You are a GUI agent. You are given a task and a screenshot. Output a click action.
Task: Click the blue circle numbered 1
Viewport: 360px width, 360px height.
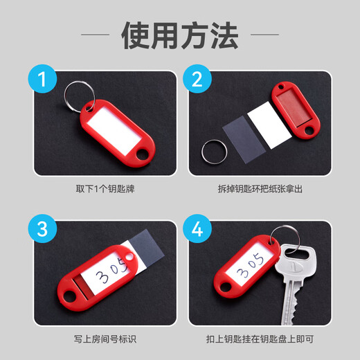coord(42,79)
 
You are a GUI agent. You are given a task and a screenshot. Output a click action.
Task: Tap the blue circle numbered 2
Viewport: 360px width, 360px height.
coord(197,79)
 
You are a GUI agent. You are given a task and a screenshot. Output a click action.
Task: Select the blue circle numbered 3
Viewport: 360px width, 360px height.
coord(42,228)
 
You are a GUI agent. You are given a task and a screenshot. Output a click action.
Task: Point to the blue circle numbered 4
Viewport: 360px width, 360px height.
coord(197,228)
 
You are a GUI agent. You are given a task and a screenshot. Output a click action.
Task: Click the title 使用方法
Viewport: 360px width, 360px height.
coord(180,35)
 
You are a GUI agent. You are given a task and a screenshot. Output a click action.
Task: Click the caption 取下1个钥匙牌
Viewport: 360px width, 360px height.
coord(105,189)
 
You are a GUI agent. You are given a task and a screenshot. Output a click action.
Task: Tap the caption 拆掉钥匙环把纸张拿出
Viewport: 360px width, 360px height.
coord(260,189)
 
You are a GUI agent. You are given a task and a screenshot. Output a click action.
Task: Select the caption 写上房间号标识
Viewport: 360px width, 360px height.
coord(105,339)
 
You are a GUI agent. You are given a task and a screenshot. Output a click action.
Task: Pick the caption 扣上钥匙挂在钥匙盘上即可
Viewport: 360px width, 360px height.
coord(260,339)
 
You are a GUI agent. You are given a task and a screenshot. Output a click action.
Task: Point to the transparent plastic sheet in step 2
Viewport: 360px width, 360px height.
coord(244,139)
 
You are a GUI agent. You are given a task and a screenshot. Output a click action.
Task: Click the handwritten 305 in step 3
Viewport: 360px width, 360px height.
coord(112,271)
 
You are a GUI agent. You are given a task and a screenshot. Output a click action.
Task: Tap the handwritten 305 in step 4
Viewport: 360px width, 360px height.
coord(251,265)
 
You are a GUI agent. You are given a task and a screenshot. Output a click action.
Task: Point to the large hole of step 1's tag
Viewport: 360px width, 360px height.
coord(143,154)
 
